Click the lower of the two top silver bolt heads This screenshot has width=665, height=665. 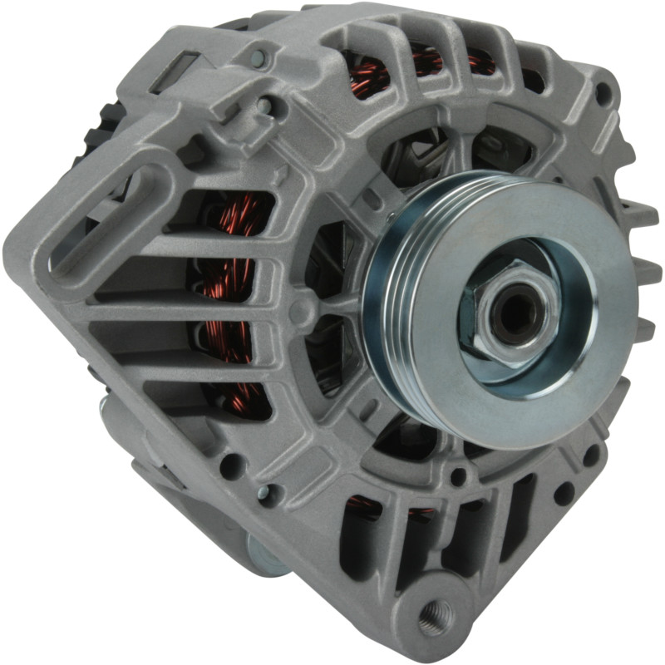coord(264,106)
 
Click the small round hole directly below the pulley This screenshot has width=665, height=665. coord(457,478)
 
